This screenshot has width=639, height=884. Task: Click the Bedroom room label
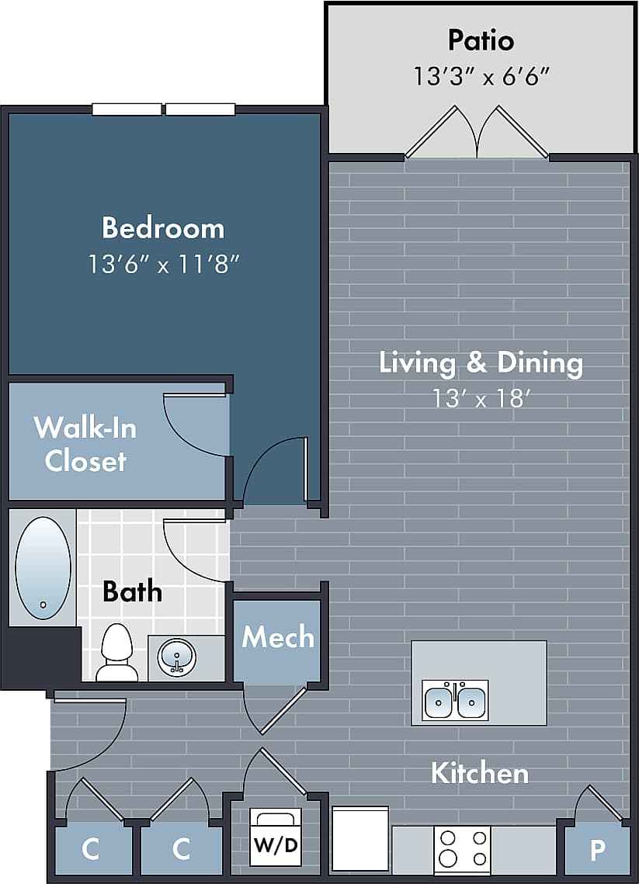(163, 228)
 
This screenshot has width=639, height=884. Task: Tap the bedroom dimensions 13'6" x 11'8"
(163, 264)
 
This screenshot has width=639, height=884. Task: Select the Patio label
(481, 40)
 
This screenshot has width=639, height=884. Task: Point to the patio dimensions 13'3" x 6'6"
(481, 76)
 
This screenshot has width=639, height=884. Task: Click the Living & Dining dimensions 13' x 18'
(481, 399)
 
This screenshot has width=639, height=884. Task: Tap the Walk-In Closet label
(85, 444)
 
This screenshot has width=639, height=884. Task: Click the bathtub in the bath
(43, 568)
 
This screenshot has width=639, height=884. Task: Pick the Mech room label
(277, 637)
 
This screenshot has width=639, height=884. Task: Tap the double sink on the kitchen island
(455, 700)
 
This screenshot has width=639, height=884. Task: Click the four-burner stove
(462, 849)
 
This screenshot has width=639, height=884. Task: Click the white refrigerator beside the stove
(360, 838)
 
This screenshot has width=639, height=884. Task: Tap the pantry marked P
(596, 850)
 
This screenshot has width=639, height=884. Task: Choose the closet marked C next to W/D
(181, 850)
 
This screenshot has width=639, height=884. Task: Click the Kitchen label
(479, 773)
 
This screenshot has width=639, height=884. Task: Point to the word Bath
(133, 591)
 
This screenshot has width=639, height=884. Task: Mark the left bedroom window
(127, 109)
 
